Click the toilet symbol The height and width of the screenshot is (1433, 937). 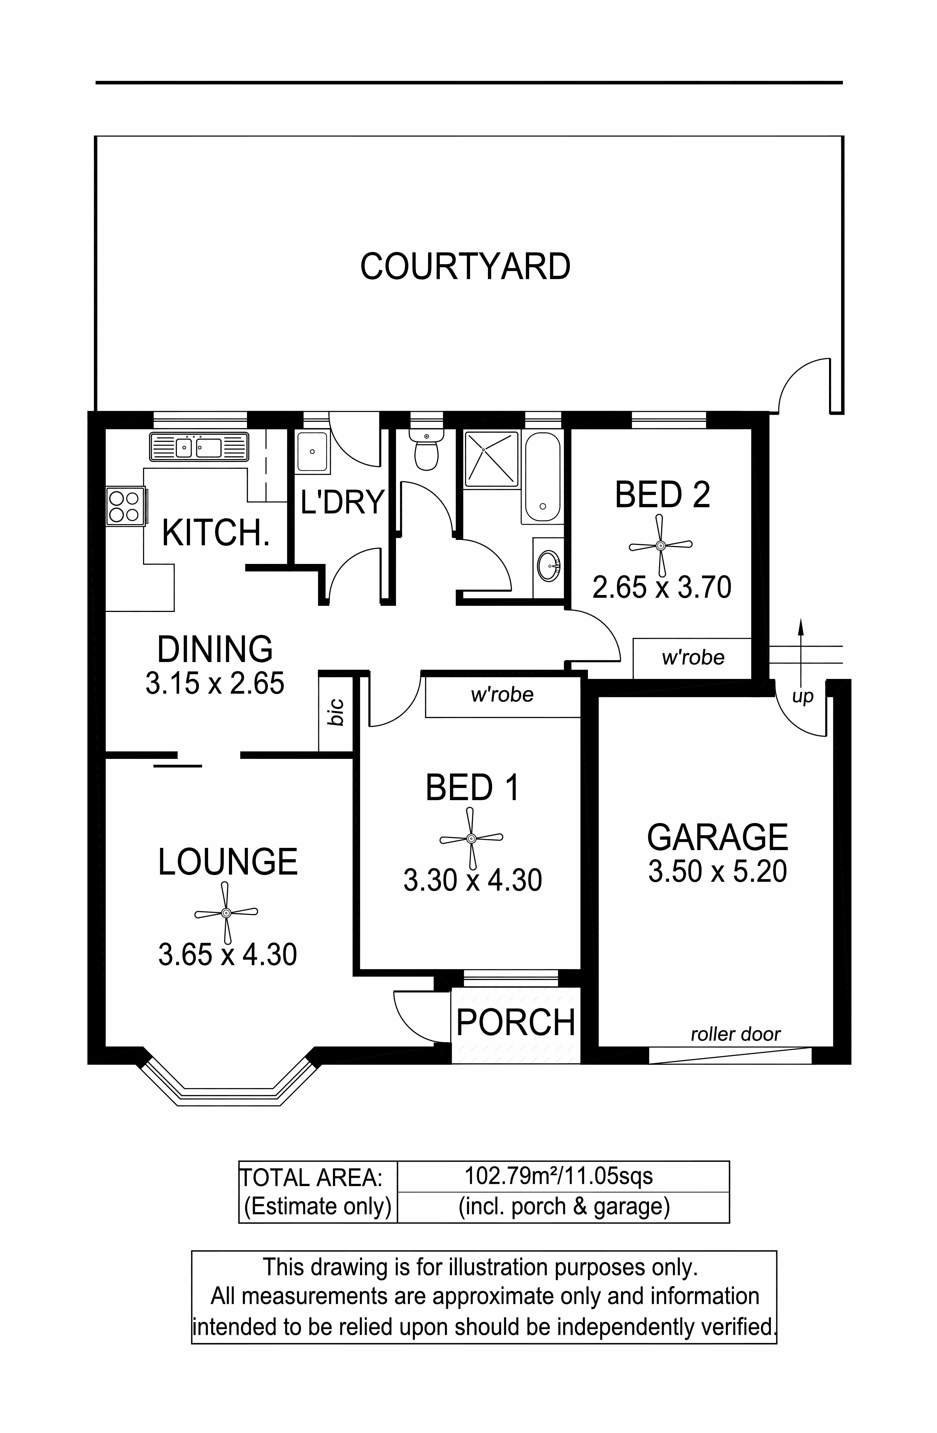pos(426,449)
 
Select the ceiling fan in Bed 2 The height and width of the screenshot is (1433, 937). pos(661,546)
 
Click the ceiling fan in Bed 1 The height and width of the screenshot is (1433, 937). pos(471,838)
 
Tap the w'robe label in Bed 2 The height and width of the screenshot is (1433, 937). pos(693,657)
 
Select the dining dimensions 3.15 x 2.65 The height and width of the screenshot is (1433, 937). pos(215,683)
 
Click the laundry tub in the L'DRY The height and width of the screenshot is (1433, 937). pos(313,451)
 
